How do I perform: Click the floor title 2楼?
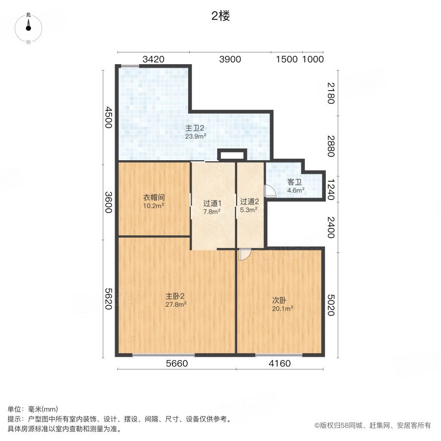pos(220,16)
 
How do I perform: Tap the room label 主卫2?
pos(195,128)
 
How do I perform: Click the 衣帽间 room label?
pos(153,197)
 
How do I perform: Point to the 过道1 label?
pos(213,203)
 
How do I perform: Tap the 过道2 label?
pos(249,201)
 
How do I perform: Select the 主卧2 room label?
pos(174,296)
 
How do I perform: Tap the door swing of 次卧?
pos(245,254)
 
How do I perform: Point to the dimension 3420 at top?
pos(153,59)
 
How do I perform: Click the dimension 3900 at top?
pos(230,59)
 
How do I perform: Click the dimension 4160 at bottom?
pos(280,364)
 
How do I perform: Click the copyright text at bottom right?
pos(372,425)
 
